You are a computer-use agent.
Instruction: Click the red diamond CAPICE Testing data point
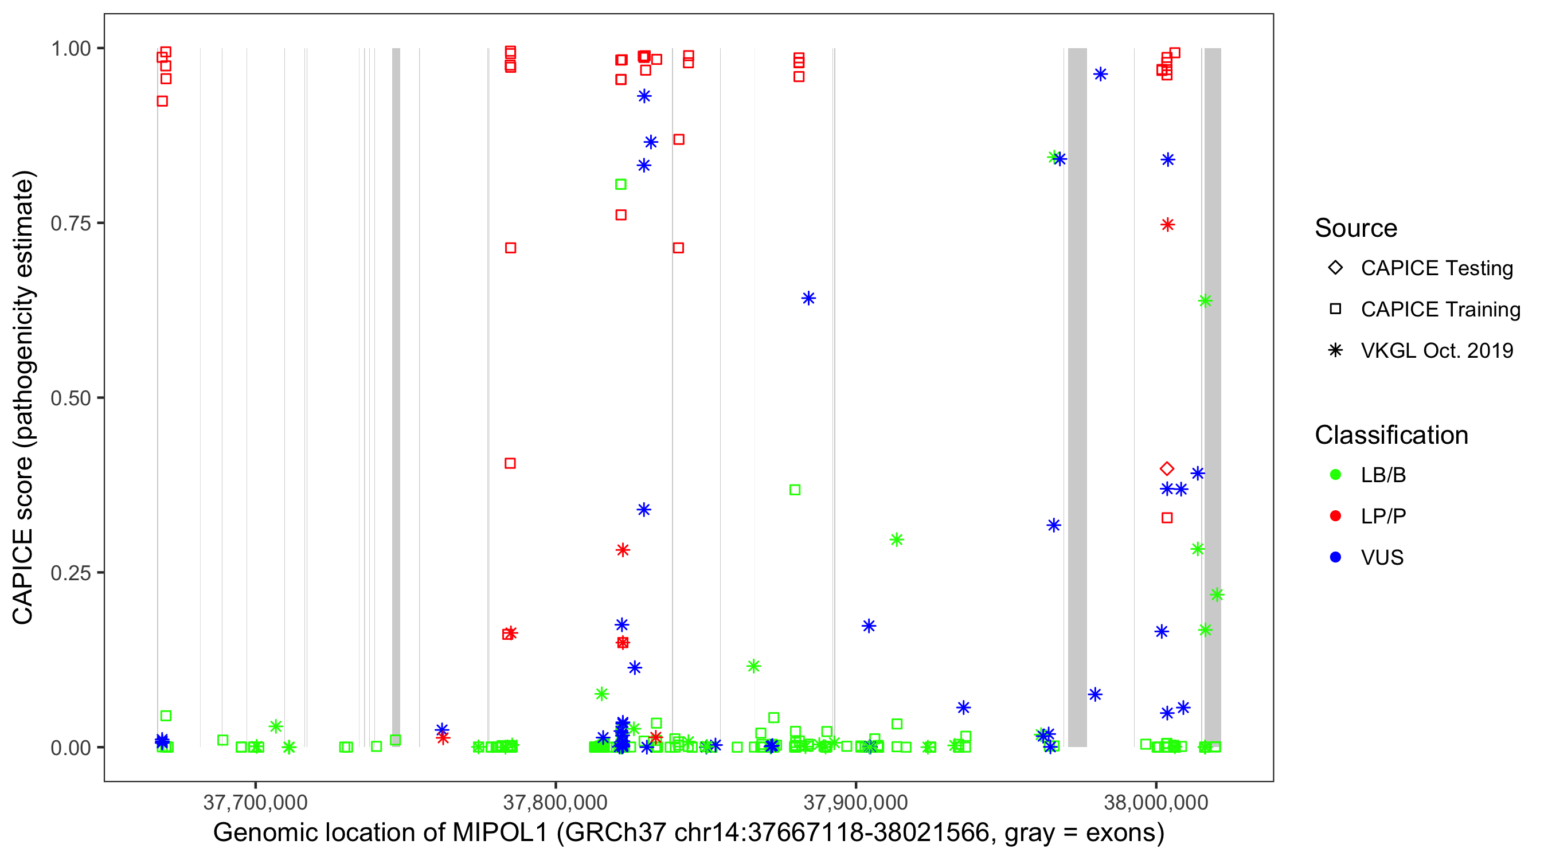pyautogui.click(x=1167, y=468)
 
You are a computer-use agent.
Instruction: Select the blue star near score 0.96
pyautogui.click(x=1100, y=74)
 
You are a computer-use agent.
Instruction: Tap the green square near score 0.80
pyautogui.click(x=621, y=185)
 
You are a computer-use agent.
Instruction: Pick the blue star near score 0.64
pyautogui.click(x=808, y=298)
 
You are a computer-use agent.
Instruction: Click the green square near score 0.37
pyautogui.click(x=795, y=490)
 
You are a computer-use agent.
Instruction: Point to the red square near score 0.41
pyautogui.click(x=510, y=463)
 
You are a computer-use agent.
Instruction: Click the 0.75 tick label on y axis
pyautogui.click(x=70, y=223)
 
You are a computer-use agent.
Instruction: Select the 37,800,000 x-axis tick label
pyautogui.click(x=555, y=802)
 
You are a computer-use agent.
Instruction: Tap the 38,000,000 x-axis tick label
pyautogui.click(x=1156, y=802)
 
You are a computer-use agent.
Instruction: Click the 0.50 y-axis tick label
pyautogui.click(x=70, y=398)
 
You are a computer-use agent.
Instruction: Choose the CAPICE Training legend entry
pyautogui.click(x=1440, y=309)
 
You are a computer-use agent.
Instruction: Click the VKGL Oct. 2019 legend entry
pyautogui.click(x=1436, y=350)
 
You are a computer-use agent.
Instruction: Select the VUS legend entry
pyautogui.click(x=1382, y=557)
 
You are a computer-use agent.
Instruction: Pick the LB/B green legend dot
pyautogui.click(x=1335, y=475)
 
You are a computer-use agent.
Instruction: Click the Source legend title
pyautogui.click(x=1356, y=228)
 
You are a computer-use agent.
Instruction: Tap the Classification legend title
pyautogui.click(x=1391, y=435)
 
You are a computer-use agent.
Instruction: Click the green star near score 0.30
pyautogui.click(x=897, y=540)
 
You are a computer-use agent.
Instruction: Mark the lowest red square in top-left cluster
pyautogui.click(x=162, y=101)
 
